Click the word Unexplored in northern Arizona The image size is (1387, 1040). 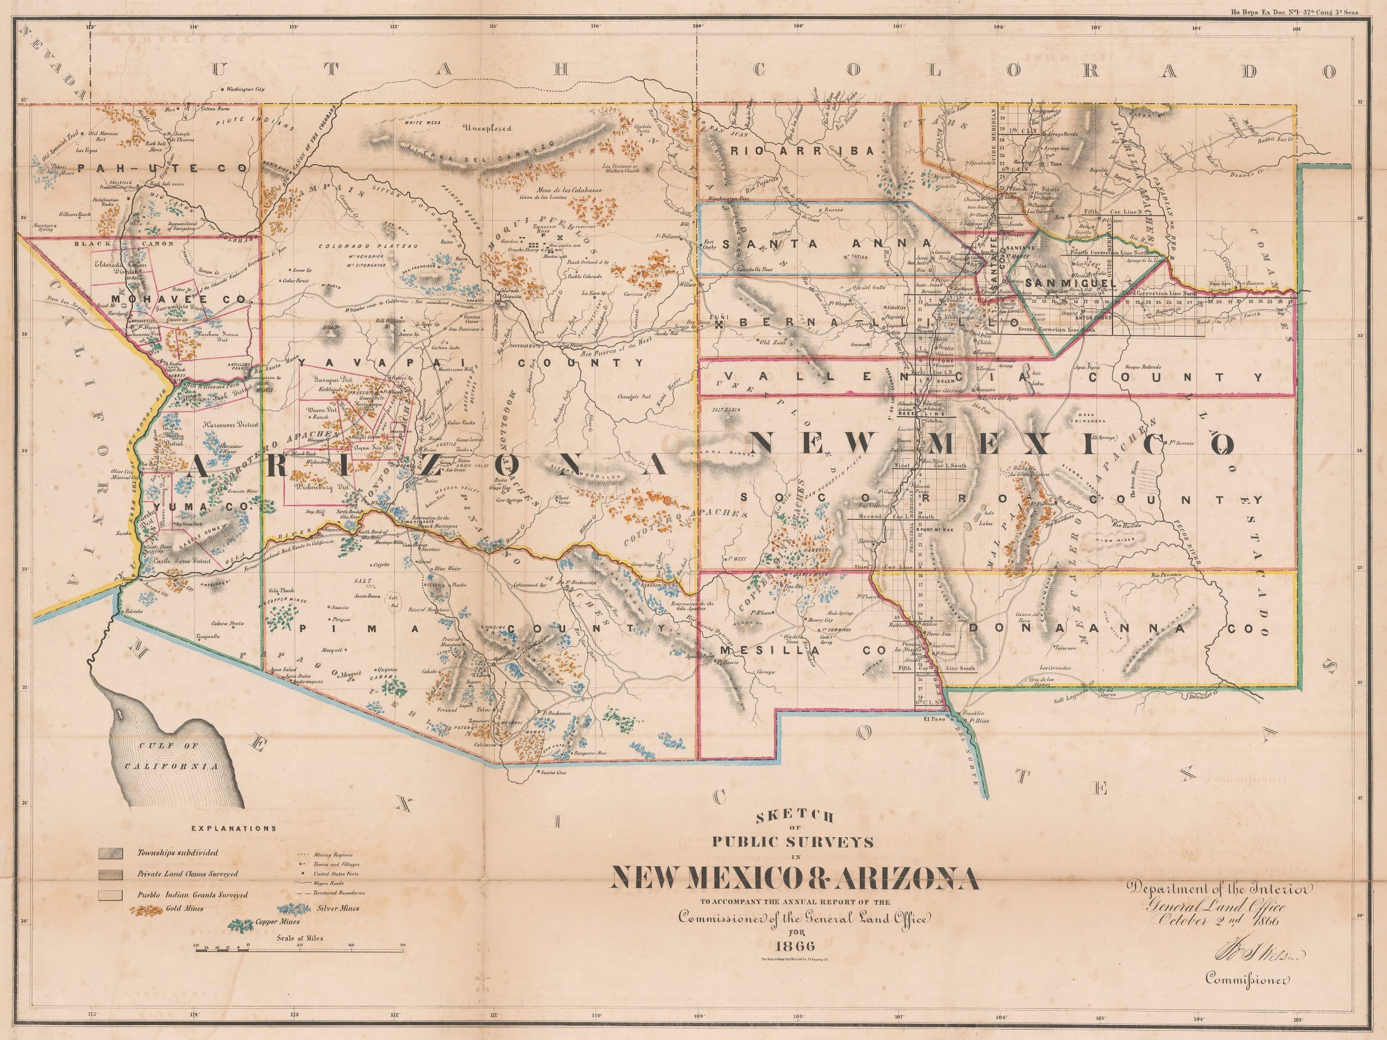click(487, 128)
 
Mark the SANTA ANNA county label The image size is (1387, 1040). click(826, 244)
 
